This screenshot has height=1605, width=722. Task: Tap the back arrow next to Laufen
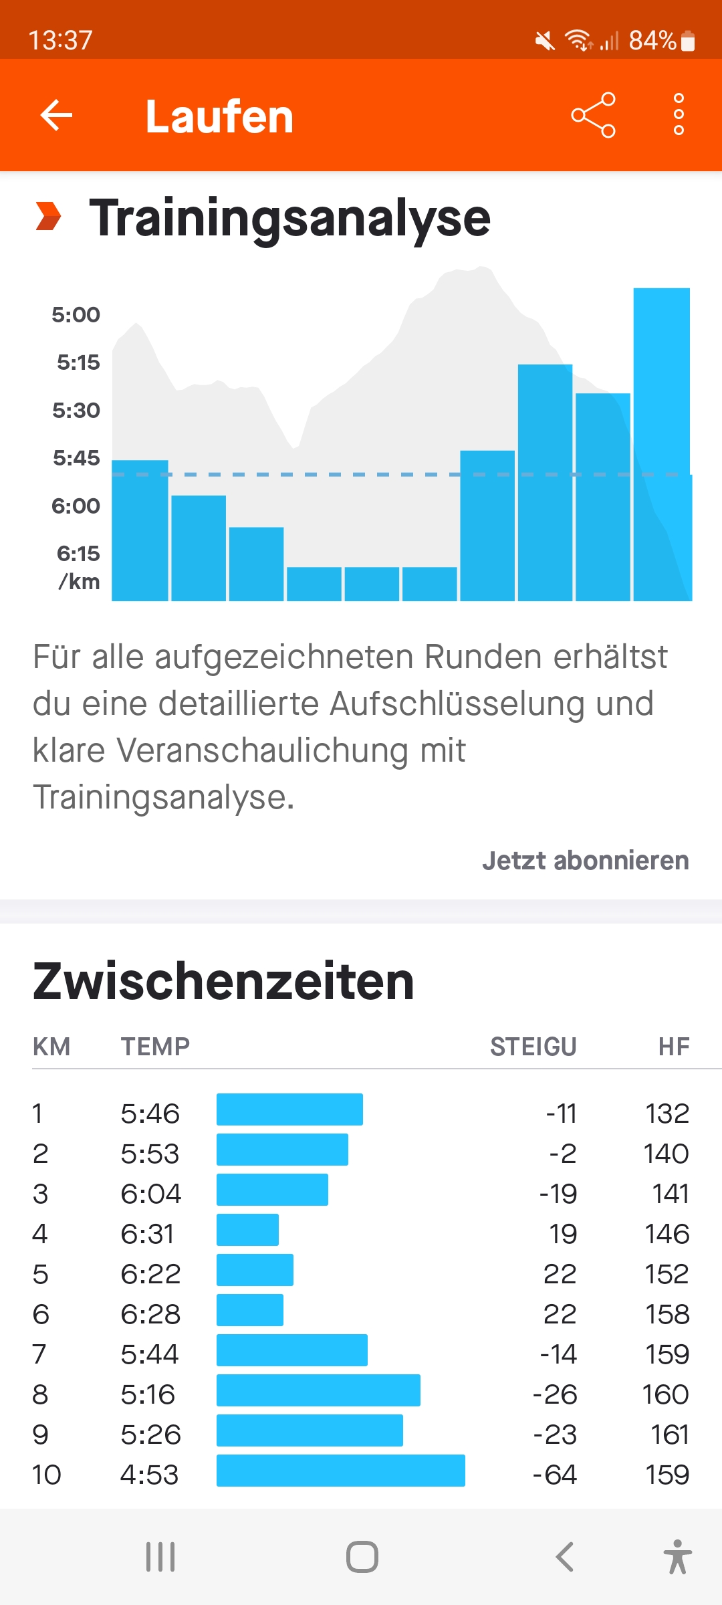point(56,115)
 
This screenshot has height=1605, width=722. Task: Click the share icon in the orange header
point(593,115)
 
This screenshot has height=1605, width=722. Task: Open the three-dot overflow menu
point(679,115)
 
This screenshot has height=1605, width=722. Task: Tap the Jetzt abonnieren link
point(585,861)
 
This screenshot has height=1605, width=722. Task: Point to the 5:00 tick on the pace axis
point(76,314)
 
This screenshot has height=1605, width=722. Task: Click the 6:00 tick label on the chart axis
point(76,506)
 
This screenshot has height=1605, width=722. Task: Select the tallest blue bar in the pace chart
point(661,444)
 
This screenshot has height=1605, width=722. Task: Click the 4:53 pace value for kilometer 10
point(149,1475)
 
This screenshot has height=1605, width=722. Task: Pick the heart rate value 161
point(670,1434)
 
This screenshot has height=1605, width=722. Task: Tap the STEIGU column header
point(533,1047)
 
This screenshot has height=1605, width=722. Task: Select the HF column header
point(673,1047)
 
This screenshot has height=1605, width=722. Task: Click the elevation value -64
point(554,1475)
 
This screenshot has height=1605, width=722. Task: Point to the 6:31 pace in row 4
point(148,1234)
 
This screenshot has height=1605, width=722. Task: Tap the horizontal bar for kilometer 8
point(318,1390)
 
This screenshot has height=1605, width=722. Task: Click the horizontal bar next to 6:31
point(247,1230)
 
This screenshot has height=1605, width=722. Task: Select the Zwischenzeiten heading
point(223,981)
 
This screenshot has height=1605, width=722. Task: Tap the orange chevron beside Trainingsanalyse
point(48,216)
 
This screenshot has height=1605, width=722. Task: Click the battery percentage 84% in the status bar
point(652,40)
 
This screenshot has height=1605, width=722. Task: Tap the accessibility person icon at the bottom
point(677,1557)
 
